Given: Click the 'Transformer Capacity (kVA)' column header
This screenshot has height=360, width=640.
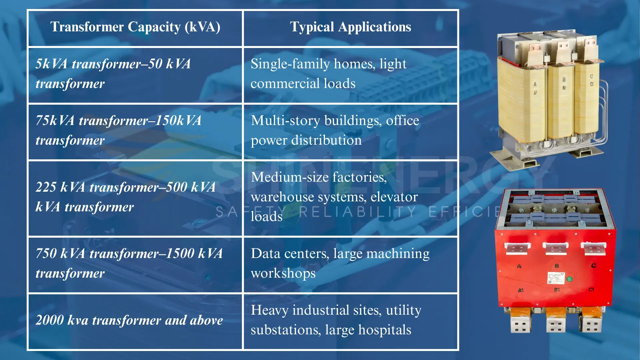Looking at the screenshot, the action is [x=135, y=27].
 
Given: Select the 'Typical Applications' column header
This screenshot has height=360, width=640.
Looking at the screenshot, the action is [x=351, y=27].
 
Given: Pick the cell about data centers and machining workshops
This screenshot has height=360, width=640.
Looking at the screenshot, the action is [x=351, y=265].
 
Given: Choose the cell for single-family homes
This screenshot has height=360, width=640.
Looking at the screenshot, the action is [x=351, y=75].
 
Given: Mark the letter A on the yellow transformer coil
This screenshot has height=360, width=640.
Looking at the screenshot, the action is [x=535, y=84].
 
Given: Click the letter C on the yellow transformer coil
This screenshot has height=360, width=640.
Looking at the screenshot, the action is [x=592, y=76].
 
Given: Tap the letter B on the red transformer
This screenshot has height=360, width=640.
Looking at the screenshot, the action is [x=557, y=266].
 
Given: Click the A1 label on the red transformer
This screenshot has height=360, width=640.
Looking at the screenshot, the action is [x=521, y=290].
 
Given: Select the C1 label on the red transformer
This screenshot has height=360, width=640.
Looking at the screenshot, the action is [x=591, y=290].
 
